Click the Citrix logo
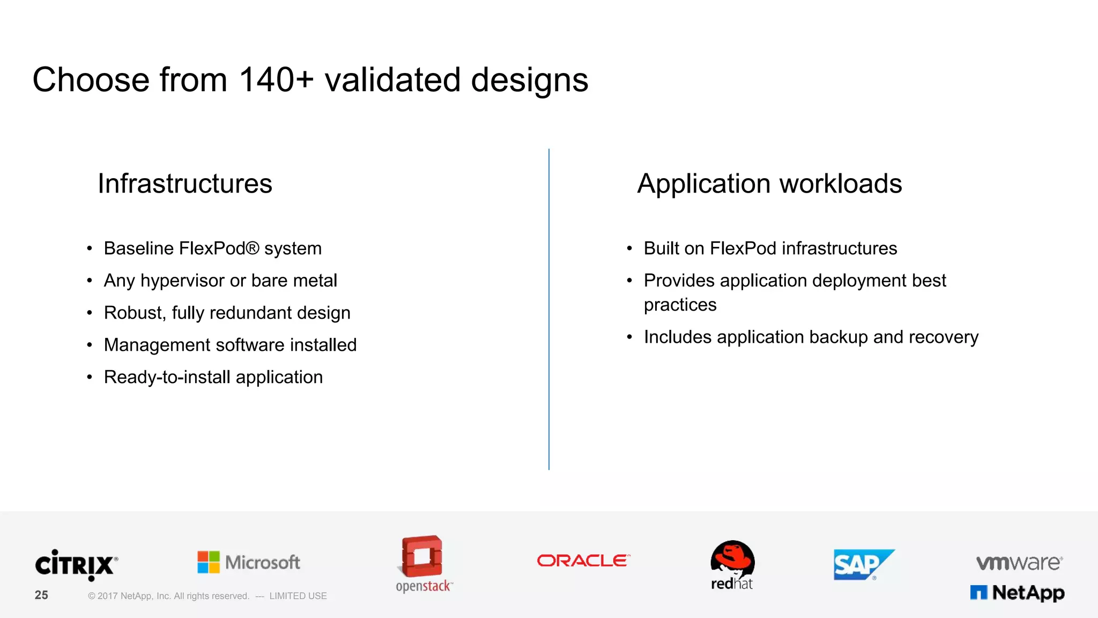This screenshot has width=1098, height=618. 76,565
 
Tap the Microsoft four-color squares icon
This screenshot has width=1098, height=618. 208,562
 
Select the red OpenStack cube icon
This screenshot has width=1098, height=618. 422,556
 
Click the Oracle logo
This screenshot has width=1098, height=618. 583,561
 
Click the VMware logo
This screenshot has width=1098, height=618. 1019,562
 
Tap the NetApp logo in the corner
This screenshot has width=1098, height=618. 1017,593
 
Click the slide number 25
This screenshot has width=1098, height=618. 41,595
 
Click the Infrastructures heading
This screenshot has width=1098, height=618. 185,183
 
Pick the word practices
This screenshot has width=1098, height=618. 680,305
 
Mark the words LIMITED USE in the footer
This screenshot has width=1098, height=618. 298,596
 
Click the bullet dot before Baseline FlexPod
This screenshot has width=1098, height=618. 90,248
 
